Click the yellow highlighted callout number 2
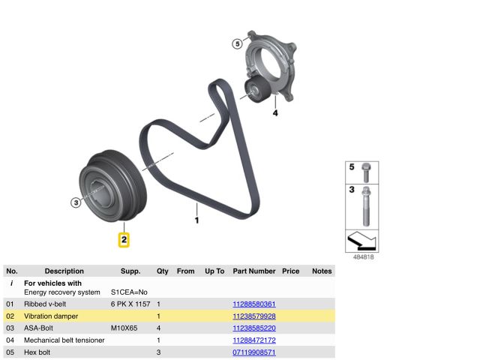124,240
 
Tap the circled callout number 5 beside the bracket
237,43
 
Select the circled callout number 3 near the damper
76,202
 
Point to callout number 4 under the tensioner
275,113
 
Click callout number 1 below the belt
196,220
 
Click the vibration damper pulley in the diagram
113,186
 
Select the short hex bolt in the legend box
366,172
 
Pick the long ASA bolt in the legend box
366,206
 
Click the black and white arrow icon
361,241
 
